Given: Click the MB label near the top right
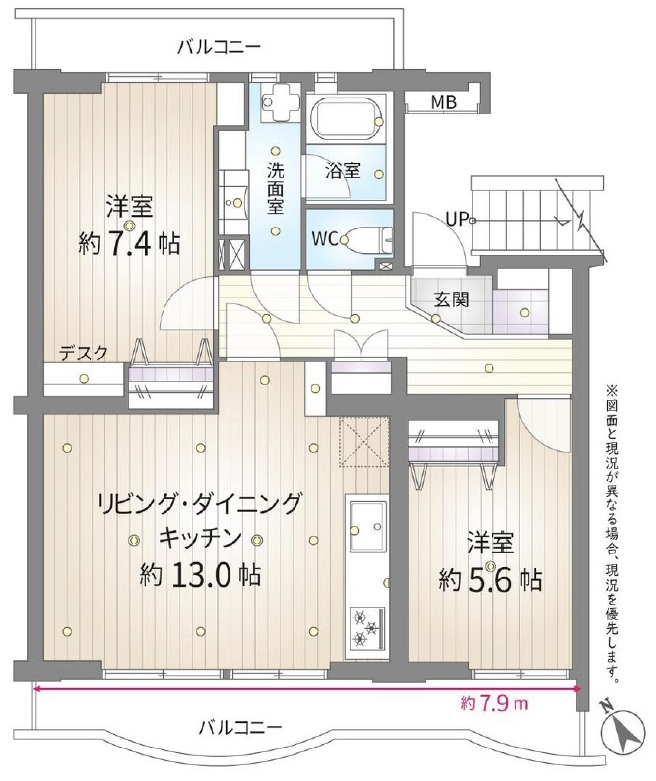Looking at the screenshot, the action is (444, 102).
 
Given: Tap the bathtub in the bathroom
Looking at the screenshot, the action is (347, 117).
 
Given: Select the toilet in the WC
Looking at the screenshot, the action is (367, 239).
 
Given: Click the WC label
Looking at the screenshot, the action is (325, 239).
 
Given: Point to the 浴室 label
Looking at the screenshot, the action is (342, 170).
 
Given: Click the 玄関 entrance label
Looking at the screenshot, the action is (451, 300).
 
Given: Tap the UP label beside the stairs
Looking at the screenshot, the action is (457, 219).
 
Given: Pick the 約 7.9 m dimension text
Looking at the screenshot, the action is (494, 704).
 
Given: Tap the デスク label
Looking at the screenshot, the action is (83, 354).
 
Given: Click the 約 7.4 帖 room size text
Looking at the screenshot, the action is (128, 244).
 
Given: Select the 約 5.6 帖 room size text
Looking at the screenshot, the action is (491, 580).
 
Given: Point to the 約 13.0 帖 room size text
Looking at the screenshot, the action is (200, 576).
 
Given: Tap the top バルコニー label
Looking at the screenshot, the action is (220, 48).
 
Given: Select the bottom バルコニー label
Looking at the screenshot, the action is (240, 728).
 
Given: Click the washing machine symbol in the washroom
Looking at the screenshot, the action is (281, 101).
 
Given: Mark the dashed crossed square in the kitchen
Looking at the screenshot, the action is (363, 442).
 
